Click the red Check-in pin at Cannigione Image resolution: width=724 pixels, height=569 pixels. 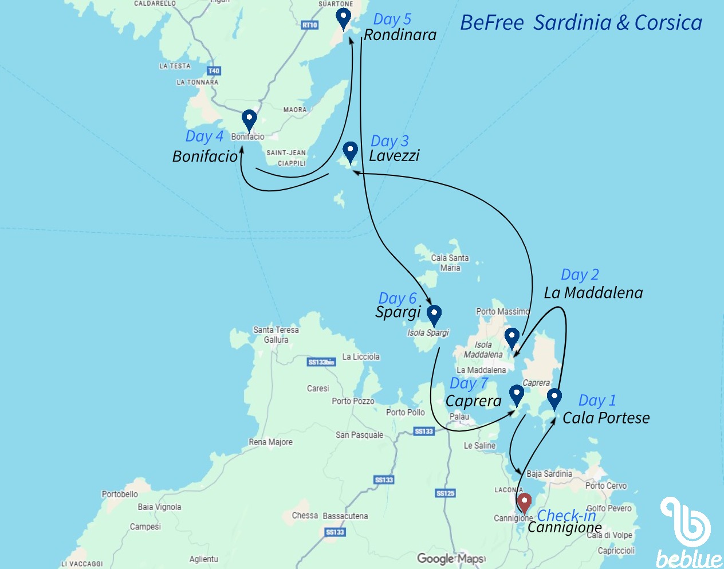[524, 503]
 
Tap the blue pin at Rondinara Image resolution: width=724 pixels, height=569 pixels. [343, 18]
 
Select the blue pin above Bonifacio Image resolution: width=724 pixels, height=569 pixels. [249, 119]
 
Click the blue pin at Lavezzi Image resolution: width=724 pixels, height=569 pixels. [350, 151]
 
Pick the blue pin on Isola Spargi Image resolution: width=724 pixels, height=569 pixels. [434, 314]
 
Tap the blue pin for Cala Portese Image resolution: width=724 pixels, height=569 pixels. [554, 397]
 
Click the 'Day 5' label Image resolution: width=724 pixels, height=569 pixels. [392, 19]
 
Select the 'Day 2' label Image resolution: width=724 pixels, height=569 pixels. [580, 275]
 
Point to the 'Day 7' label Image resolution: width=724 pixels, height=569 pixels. [469, 383]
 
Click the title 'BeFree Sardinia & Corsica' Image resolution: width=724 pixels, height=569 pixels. [581, 23]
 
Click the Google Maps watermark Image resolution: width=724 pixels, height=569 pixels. [451, 558]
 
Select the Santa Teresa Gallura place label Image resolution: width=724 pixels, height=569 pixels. [276, 335]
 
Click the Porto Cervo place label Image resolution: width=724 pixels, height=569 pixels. [606, 485]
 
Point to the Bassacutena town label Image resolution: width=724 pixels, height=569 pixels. [345, 516]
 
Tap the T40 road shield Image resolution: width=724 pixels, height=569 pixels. [214, 71]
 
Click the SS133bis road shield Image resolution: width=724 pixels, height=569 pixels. [321, 362]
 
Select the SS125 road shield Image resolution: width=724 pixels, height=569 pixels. [445, 493]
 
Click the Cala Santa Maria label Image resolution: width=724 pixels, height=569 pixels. [450, 263]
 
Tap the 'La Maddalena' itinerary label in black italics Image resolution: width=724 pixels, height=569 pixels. [593, 293]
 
